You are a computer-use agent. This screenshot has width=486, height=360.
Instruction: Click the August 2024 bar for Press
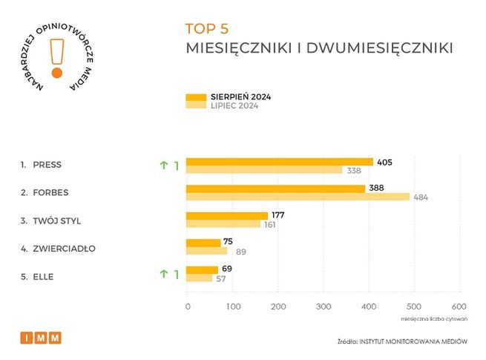(278, 162)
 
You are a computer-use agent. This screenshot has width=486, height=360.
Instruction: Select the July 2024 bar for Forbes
(297, 197)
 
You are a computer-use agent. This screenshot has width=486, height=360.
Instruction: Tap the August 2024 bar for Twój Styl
(226, 215)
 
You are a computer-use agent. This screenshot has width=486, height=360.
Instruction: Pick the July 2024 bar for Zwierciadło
(206, 251)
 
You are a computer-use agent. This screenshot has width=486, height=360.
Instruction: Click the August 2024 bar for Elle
(201, 269)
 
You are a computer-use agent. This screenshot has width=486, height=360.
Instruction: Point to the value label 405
(384, 162)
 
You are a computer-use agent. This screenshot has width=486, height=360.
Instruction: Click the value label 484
(421, 197)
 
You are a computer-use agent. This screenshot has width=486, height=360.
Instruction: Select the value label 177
(278, 215)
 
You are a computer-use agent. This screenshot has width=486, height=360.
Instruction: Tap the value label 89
(241, 252)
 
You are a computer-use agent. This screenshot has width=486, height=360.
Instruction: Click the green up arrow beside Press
(162, 166)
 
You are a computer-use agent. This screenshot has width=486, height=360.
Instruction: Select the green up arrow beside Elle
(162, 274)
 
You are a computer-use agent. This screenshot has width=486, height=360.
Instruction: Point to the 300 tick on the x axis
(324, 306)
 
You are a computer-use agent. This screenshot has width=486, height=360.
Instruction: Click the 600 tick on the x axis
(459, 306)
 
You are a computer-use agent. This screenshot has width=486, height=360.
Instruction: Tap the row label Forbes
(50, 192)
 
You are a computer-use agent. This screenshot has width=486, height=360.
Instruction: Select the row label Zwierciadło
(64, 248)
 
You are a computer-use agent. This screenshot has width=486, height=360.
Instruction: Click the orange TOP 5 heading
(207, 29)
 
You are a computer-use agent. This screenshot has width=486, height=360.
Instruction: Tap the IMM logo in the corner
(41, 338)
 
